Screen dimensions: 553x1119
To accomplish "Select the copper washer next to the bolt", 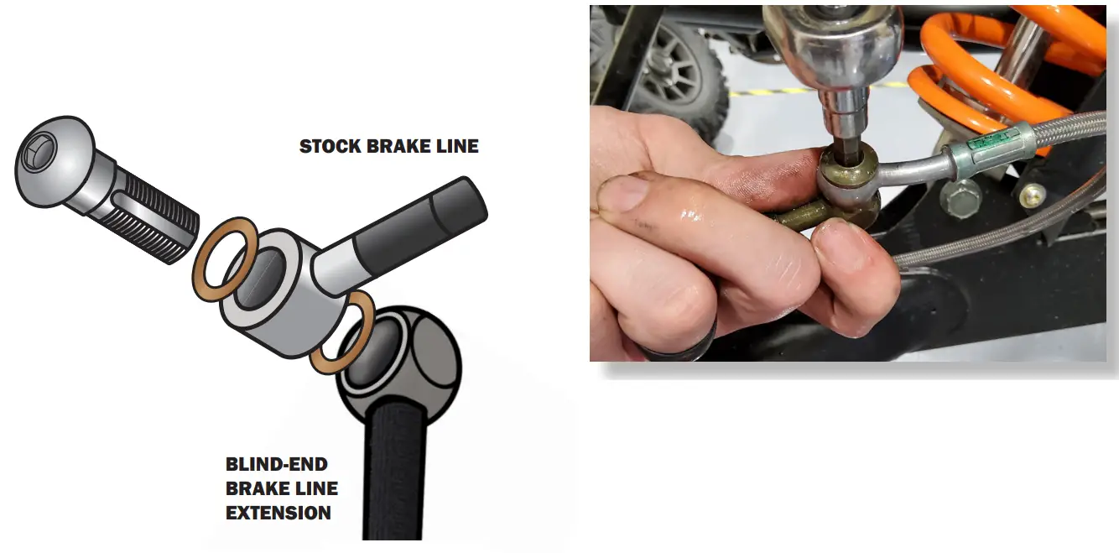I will pyautogui.click(x=225, y=259).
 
